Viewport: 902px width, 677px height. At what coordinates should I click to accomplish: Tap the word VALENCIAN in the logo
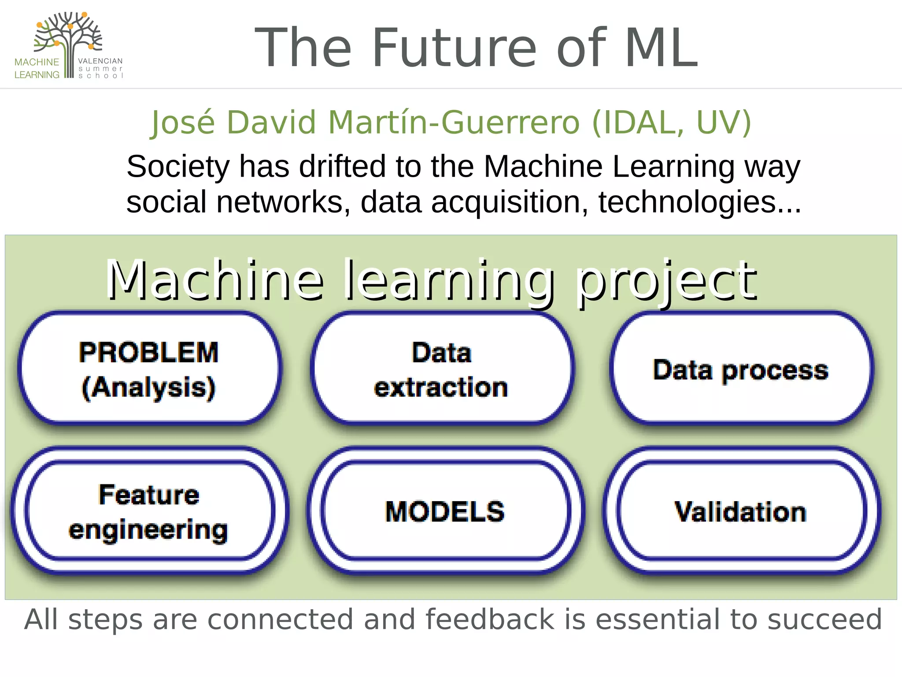click(x=100, y=61)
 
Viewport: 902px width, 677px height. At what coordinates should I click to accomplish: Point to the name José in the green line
click(x=183, y=122)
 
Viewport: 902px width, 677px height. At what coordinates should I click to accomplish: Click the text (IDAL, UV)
click(x=671, y=122)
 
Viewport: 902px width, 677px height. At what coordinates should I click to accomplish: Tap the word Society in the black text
click(x=178, y=167)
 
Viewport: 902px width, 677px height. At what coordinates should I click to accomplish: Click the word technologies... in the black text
click(x=699, y=202)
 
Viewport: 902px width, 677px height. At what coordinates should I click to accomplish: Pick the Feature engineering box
click(x=149, y=511)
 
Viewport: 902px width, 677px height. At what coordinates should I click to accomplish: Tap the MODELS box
click(x=445, y=511)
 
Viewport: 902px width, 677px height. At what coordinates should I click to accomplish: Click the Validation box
click(x=741, y=511)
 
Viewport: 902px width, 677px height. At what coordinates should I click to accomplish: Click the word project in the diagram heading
click(x=667, y=281)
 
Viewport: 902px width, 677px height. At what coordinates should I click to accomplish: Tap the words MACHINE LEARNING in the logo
click(x=37, y=68)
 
